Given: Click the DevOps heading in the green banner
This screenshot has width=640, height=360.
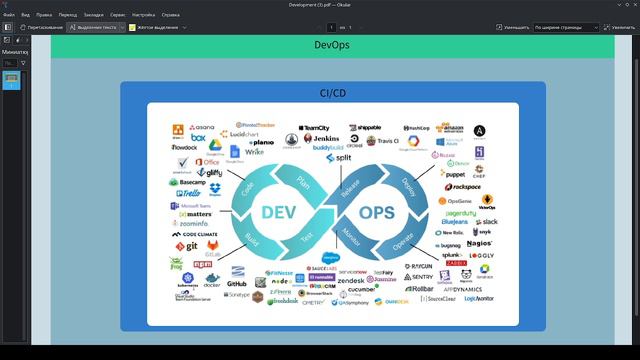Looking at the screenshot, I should click(332, 45).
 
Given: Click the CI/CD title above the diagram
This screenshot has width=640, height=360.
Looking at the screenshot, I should click(332, 92).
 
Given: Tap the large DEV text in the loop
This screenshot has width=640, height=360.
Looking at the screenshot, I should click(277, 212).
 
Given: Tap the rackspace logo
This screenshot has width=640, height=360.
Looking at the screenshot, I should click(465, 186).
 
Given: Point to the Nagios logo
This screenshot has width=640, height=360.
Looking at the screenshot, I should click(479, 243).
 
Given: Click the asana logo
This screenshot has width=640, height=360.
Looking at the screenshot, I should click(199, 128).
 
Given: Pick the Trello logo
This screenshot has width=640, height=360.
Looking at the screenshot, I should click(192, 193).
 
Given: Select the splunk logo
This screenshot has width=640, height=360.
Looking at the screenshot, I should click(449, 256).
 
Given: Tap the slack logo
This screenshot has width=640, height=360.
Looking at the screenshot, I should click(487, 222).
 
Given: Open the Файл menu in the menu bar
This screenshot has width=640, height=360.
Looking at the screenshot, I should click(9, 16).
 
